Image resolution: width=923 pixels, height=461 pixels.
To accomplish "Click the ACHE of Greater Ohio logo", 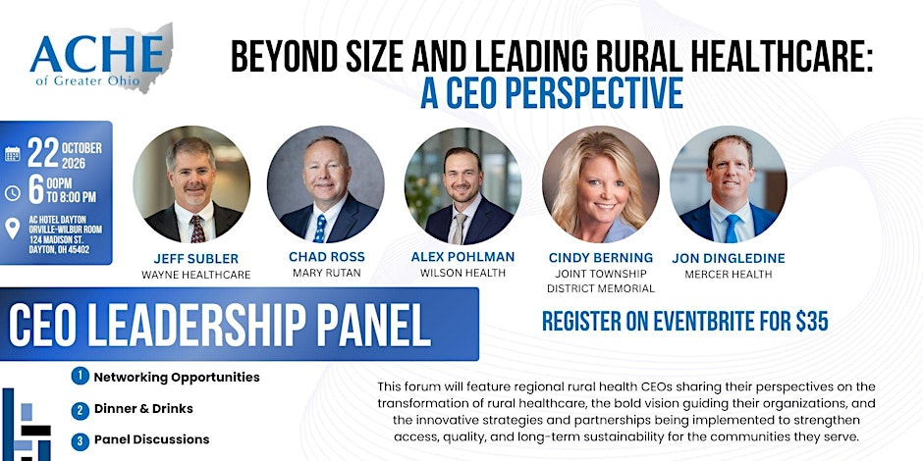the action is coord(101,58).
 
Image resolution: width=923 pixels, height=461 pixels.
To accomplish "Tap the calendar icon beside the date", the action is coord(13,154).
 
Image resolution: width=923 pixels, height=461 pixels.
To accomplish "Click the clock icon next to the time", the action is coord(13,193).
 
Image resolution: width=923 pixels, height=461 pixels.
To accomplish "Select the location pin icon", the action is coord(13,229).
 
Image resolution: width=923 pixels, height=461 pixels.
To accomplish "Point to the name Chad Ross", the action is coord(327,257).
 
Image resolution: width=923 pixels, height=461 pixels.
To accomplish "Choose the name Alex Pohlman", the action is coord(462,257).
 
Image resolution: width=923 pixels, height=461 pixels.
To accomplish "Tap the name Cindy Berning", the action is coord(600,258).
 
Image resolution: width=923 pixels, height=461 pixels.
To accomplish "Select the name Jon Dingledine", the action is coord(729,258).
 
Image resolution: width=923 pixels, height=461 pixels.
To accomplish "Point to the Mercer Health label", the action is coord(729,274).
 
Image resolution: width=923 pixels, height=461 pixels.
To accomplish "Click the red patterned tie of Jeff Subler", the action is coord(197,229).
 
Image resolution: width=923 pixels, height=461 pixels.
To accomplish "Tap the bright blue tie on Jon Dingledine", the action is coord(732,229).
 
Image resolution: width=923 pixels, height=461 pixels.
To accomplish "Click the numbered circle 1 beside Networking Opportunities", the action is coord(81,377).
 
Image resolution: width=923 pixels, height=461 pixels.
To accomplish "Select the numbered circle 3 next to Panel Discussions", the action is coord(81,440).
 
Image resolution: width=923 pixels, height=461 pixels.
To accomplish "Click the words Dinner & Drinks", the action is coord(143,408).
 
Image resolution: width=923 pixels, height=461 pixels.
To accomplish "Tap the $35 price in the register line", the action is coord(812,321).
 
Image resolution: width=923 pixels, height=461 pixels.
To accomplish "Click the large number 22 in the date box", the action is coord(43,153).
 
